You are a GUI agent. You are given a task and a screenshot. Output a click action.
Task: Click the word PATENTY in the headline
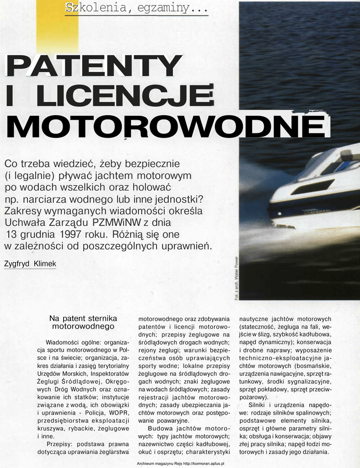91,66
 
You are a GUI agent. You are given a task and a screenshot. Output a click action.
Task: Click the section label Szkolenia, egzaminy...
136,8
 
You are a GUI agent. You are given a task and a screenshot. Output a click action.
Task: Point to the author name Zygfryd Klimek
30,264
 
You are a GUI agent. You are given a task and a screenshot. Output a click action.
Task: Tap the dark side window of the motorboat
312,186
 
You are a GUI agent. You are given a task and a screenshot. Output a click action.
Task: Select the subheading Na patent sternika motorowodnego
83,322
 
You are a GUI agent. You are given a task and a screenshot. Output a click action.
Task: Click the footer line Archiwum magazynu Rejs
180,463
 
